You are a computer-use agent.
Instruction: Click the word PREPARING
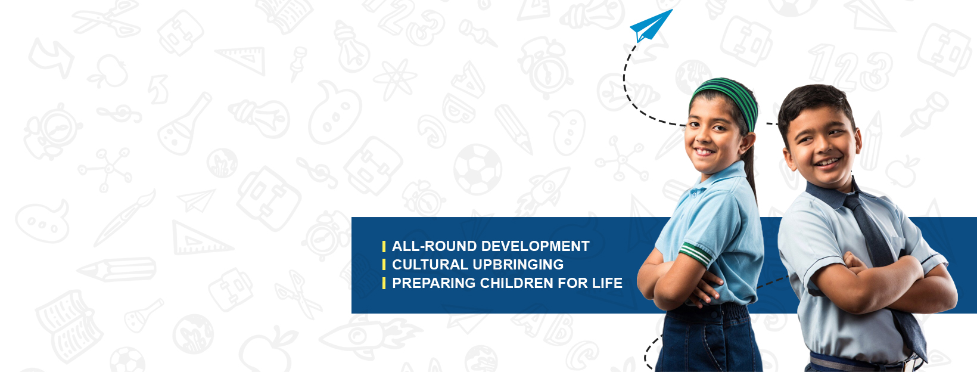(x=434, y=283)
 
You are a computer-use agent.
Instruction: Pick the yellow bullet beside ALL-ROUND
(x=384, y=246)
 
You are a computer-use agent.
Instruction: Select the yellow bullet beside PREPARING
(x=384, y=283)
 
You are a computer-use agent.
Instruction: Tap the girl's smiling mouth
(x=704, y=152)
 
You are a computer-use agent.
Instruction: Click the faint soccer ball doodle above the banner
(x=478, y=169)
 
